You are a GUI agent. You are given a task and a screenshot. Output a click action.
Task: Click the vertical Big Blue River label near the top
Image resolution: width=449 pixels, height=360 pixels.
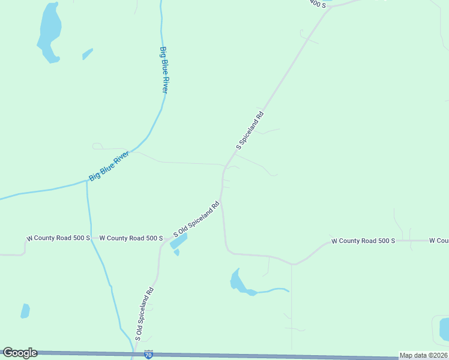click(163, 69)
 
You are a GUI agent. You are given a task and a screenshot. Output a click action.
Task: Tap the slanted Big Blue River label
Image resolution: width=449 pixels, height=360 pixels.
click(109, 166)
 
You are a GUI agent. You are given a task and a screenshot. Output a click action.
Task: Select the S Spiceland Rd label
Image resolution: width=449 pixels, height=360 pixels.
click(250, 130)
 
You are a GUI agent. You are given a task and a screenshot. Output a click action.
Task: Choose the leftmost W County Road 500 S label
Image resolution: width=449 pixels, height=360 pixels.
click(58, 238)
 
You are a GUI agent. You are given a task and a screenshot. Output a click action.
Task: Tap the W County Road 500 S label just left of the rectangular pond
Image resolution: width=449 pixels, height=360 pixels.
click(131, 238)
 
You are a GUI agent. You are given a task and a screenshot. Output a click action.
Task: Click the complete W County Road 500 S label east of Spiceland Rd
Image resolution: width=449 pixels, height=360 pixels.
click(363, 241)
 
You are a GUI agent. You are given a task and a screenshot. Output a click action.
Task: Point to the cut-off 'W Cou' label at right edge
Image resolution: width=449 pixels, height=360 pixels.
click(439, 241)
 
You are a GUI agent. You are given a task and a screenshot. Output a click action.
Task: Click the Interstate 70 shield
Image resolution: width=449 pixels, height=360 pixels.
click(148, 355)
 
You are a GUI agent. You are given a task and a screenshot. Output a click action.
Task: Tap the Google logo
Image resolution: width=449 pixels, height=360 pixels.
click(20, 353)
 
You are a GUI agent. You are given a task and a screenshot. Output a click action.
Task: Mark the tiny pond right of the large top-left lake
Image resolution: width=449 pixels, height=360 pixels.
click(88, 54)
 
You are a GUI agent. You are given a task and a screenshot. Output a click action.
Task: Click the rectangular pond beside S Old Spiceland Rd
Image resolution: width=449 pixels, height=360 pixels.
click(178, 241)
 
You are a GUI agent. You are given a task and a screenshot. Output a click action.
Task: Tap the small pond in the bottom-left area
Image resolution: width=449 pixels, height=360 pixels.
click(25, 311)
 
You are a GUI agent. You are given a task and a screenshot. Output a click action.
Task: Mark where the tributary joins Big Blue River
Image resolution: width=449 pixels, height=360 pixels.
click(87, 181)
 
